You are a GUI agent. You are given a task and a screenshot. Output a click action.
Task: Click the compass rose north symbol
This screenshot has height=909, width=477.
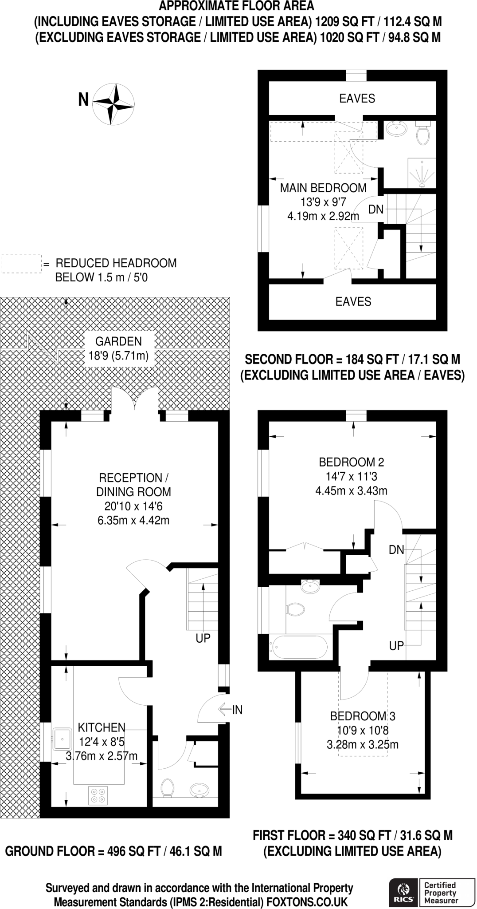click(x=113, y=104)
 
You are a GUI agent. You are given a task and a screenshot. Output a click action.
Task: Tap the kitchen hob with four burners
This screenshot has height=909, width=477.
click(x=98, y=795)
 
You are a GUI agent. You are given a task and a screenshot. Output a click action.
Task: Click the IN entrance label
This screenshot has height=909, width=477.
click(x=237, y=710)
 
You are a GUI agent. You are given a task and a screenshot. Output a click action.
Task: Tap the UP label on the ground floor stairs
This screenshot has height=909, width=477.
click(x=203, y=638)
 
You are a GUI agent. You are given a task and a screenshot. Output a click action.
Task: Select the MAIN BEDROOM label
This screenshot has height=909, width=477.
click(x=323, y=188)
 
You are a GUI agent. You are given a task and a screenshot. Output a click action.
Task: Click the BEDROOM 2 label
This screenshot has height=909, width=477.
click(x=351, y=462)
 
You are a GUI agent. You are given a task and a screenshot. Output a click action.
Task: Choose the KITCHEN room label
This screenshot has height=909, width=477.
click(x=102, y=727)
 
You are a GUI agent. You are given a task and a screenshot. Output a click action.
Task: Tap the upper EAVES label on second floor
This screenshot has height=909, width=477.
click(x=357, y=99)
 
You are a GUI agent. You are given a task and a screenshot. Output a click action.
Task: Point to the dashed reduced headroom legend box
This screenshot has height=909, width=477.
click(x=21, y=263)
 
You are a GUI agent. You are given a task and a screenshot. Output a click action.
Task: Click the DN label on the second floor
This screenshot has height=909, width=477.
click(x=376, y=209)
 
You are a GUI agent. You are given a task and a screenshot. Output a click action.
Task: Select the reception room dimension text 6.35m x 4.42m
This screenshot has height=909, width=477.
click(x=133, y=520)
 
